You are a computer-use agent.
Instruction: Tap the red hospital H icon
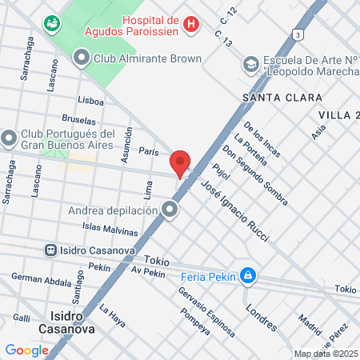[190, 25]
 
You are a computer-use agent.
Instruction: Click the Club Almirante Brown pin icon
[81, 57]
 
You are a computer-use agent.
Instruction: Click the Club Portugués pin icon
[9, 138]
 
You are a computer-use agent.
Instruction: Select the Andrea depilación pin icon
[170, 210]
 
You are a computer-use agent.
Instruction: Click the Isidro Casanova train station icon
[50, 250]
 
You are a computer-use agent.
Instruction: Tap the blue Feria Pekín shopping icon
[249, 277]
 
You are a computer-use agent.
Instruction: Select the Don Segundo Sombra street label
[255, 173]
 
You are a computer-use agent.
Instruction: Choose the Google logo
[26, 350]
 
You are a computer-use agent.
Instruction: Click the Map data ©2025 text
[325, 354]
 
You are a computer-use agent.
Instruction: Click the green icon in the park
[53, 23]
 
